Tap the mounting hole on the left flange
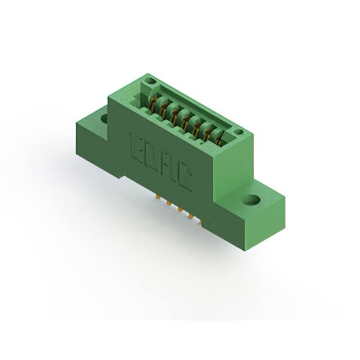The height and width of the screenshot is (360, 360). pos(104,119)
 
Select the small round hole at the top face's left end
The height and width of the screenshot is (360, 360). pos(150,82)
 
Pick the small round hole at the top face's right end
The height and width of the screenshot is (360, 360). pos(238,133)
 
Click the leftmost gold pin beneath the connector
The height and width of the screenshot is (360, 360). pos(156,197)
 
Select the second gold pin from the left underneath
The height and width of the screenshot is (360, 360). pos(168,204)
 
